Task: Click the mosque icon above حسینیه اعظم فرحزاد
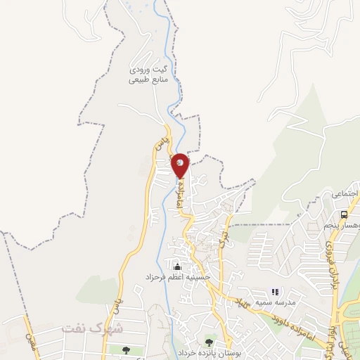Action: [176, 266]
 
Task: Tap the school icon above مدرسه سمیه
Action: [275, 290]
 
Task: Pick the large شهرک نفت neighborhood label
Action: [92, 328]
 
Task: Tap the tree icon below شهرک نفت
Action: [125, 349]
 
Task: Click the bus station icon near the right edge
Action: [344, 214]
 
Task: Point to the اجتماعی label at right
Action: [345, 193]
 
